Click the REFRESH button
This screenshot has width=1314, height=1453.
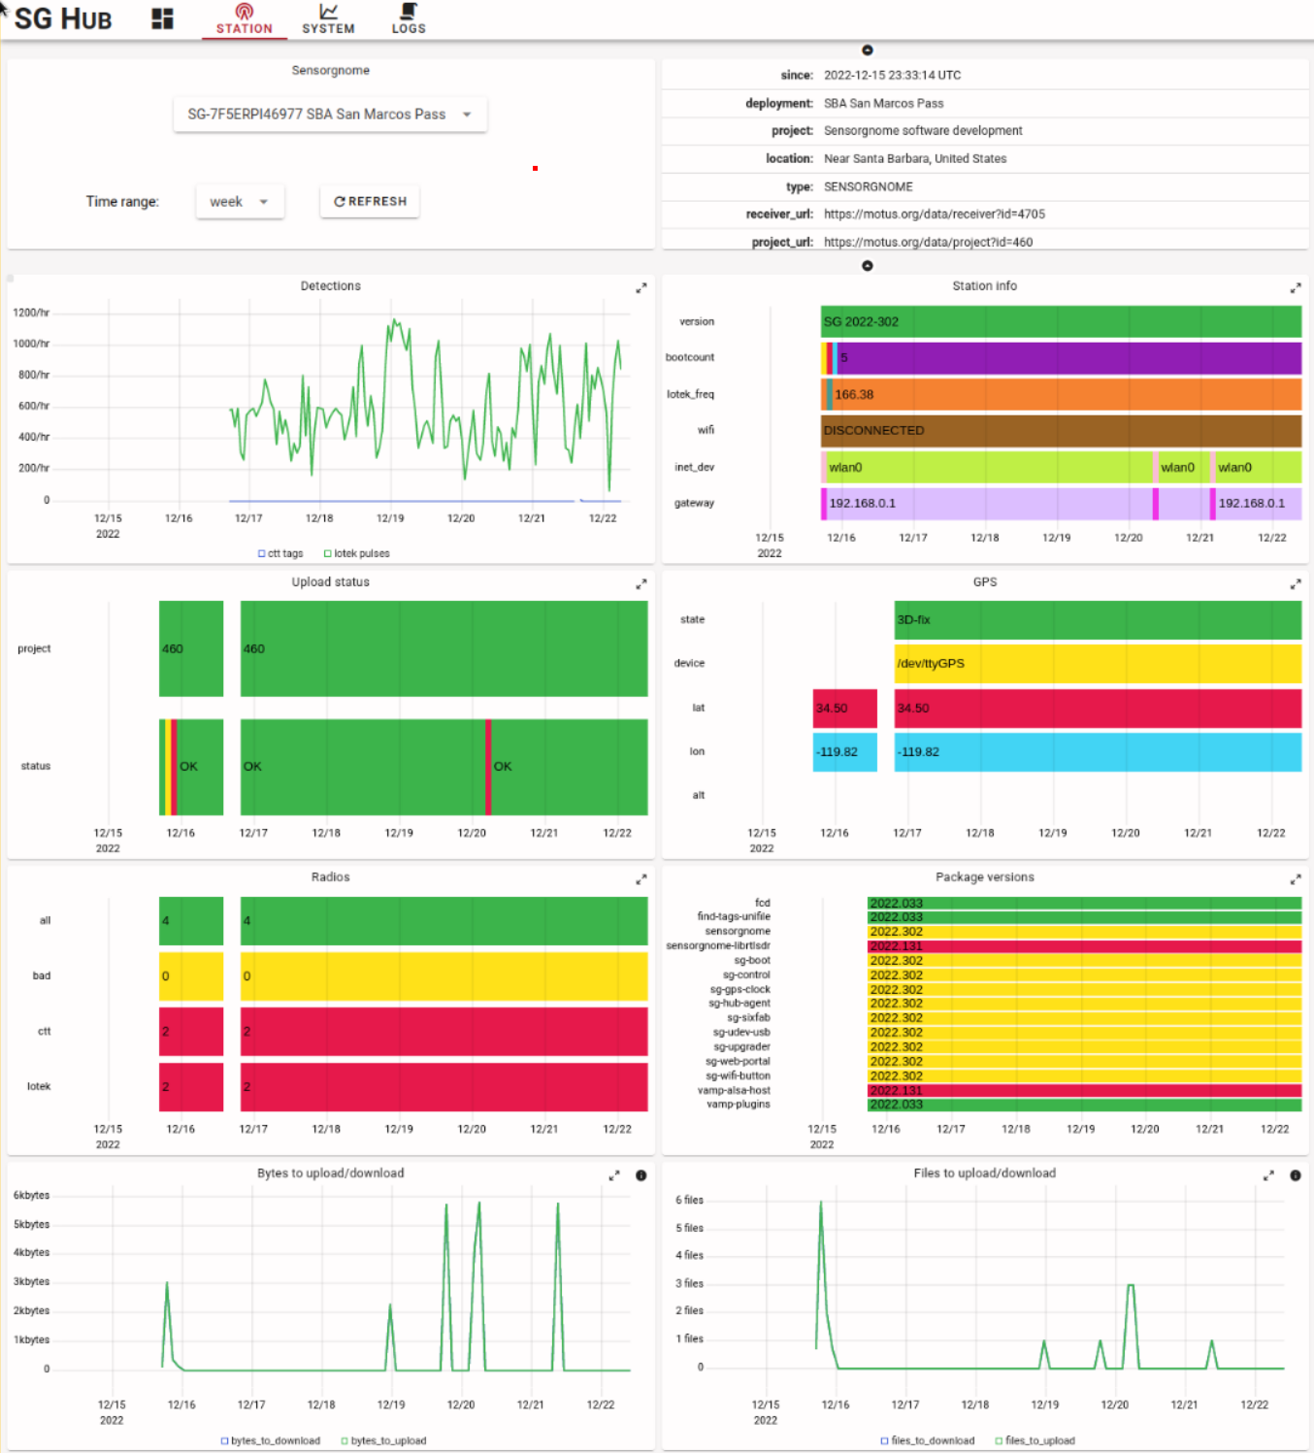[370, 201]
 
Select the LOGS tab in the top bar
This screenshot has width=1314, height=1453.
[409, 18]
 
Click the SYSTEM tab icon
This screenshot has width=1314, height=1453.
[328, 12]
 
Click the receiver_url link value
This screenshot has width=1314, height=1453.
[934, 215]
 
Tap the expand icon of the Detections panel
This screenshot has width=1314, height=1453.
[641, 288]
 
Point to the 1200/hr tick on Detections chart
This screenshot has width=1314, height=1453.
[31, 313]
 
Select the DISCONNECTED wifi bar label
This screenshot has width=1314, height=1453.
[873, 430]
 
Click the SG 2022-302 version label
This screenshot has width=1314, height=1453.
[861, 321]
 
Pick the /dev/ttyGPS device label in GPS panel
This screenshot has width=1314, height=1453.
[931, 663]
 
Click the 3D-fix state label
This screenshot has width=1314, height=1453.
[913, 619]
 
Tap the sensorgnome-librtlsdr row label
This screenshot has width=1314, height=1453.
[718, 945]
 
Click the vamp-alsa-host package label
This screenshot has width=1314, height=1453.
[734, 1090]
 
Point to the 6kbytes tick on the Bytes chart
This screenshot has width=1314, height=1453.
[31, 1196]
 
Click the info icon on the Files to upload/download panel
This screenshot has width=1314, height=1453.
[1295, 1175]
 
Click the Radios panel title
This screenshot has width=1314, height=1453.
[330, 876]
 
